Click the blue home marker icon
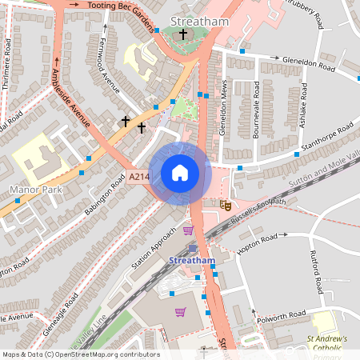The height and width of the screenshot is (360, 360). tap(180, 173)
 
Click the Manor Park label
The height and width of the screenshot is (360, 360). tap(34, 190)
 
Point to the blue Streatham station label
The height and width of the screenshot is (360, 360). tap(193, 261)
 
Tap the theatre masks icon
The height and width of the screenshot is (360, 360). tap(226, 206)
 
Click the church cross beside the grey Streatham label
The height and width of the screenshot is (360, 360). tap(183, 34)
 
